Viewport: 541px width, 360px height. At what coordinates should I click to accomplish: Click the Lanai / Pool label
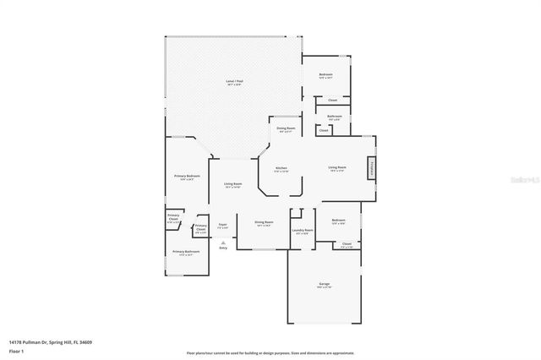pyautogui.click(x=233, y=82)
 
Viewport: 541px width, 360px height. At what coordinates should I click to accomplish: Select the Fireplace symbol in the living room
pyautogui.click(x=371, y=169)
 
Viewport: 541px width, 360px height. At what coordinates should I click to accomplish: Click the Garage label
pyautogui.click(x=325, y=285)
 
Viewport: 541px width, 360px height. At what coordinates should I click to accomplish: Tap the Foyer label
pyautogui.click(x=223, y=225)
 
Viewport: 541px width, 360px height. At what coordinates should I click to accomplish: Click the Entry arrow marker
pyautogui.click(x=223, y=245)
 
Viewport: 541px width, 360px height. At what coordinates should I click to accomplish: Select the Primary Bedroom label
pyautogui.click(x=184, y=177)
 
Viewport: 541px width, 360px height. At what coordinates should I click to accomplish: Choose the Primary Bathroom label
pyautogui.click(x=186, y=252)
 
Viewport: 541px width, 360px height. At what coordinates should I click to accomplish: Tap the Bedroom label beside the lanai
pyautogui.click(x=325, y=75)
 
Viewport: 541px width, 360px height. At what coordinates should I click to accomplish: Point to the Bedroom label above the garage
pyautogui.click(x=338, y=221)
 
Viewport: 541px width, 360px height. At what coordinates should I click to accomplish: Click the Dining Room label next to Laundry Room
pyautogui.click(x=264, y=223)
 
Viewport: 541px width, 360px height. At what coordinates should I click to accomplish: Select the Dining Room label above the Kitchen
pyautogui.click(x=285, y=129)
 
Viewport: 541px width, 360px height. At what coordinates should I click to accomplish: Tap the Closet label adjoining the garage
pyautogui.click(x=347, y=244)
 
